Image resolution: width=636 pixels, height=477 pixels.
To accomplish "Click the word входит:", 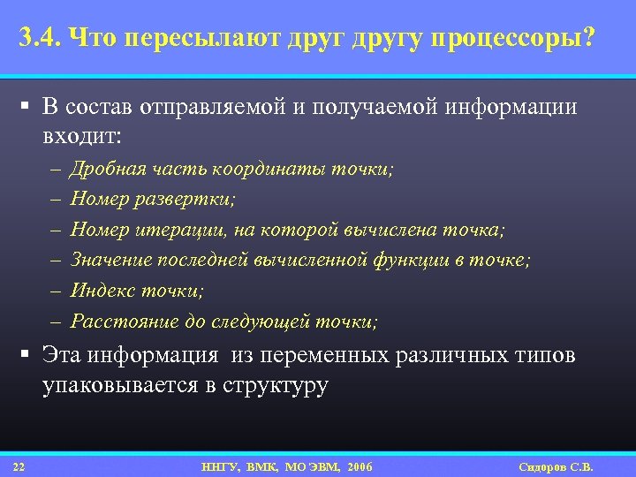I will point(84,136).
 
